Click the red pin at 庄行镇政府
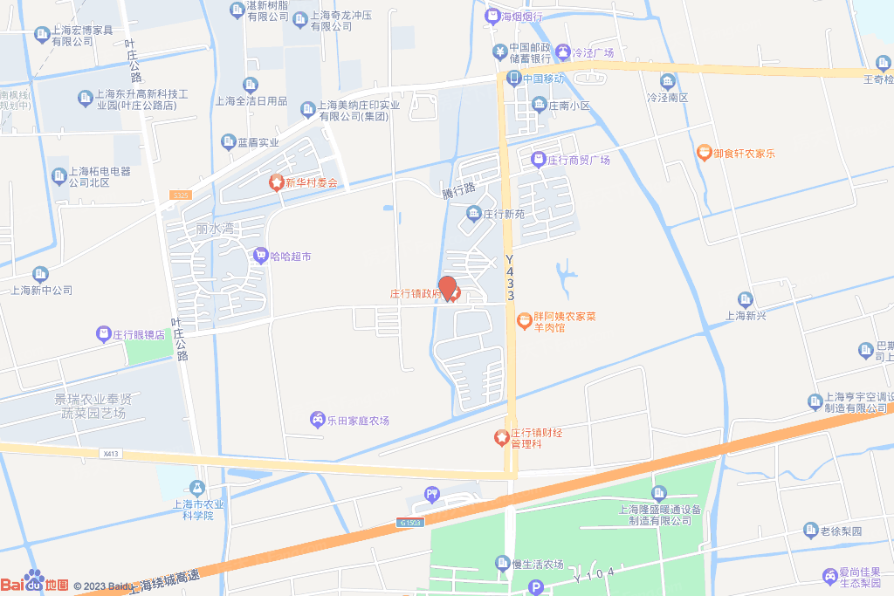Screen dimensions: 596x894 pos(447,288)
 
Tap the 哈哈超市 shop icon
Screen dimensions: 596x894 pos(260,256)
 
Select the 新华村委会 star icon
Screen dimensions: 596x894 pos(276,182)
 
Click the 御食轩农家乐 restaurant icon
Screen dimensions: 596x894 pos(704,153)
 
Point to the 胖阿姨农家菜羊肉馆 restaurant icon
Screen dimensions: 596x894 pos(524,321)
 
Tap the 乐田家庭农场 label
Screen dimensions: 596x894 pos(357,421)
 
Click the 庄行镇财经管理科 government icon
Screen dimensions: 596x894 pos(502,437)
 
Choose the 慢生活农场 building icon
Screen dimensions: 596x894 pos(503,563)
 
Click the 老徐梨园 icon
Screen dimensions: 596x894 pos(811,530)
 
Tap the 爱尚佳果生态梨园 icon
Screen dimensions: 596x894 pos(829,576)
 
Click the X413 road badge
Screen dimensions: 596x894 pos(110,454)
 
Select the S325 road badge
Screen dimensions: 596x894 pos(181,195)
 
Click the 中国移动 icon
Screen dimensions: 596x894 pos(513,79)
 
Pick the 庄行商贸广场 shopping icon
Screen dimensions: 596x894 pos(539,160)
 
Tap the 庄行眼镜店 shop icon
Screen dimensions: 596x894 pos(104,333)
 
